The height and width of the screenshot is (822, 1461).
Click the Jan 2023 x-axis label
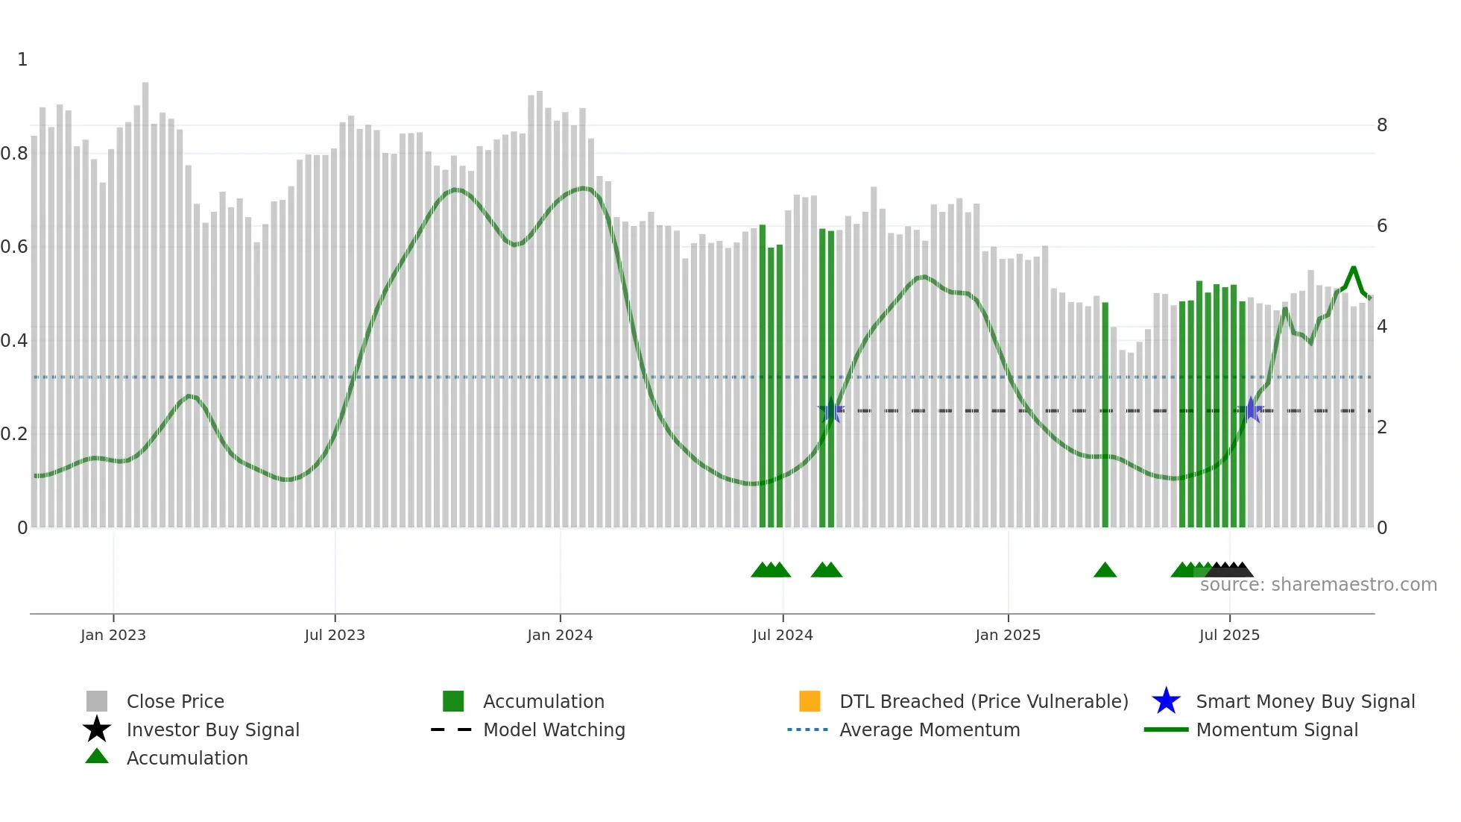113,635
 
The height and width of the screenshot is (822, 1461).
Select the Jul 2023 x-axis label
335,635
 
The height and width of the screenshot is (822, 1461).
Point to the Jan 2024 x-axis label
560,635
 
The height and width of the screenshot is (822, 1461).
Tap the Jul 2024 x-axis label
783,635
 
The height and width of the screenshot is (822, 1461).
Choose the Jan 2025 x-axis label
1008,635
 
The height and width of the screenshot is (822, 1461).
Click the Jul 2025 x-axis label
1229,635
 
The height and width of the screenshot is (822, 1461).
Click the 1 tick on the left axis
22,60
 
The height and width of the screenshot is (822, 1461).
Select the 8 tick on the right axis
1382,125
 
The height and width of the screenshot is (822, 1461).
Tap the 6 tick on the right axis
1382,226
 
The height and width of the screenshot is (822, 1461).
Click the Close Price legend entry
175,701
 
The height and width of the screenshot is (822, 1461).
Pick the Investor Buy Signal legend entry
212,730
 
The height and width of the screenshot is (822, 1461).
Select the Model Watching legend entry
554,730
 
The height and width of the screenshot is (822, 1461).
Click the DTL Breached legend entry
983,701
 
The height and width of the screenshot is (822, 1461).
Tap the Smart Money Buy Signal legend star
1166,701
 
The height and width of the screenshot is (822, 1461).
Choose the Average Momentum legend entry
930,730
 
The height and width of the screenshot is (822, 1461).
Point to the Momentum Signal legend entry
1277,730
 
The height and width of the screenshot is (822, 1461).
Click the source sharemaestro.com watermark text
1318,585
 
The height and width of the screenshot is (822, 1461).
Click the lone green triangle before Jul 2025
1105,571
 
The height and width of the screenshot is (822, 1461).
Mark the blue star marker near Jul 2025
1251,410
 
